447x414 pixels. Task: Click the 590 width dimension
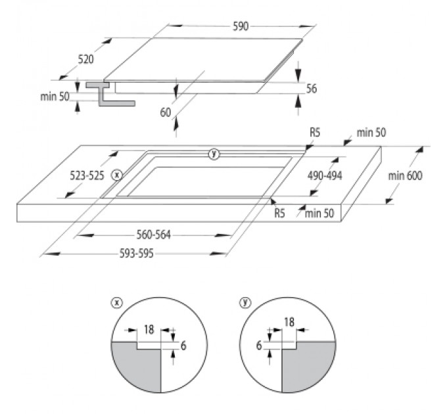[241, 26]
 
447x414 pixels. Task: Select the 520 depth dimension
[86, 59]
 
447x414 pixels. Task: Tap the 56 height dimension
[312, 89]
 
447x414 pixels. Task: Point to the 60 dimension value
[166, 112]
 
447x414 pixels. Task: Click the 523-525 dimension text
[87, 176]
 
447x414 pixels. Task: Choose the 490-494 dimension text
[325, 175]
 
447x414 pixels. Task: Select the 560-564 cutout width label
[153, 235]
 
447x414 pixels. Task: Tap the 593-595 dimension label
[136, 253]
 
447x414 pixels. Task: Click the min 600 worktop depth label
[405, 176]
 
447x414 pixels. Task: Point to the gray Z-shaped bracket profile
[103, 94]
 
